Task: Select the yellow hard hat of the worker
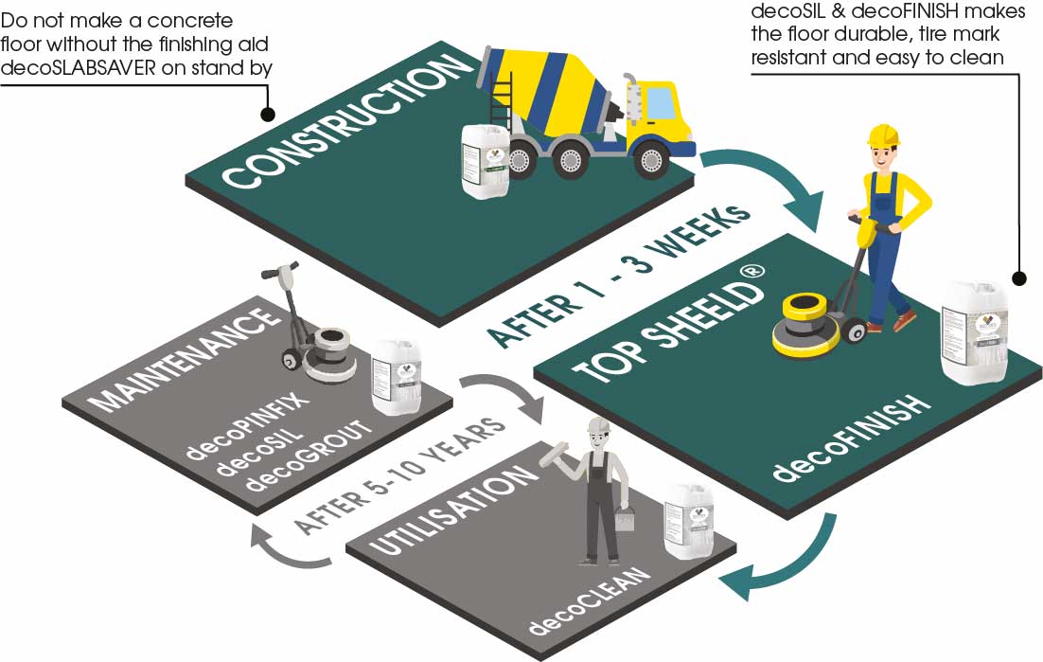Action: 882,134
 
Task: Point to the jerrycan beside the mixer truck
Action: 486,160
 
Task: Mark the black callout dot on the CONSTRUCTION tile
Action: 268,114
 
